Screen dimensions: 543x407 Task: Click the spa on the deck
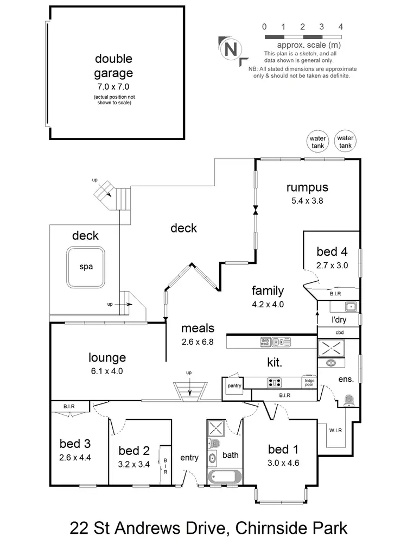86,267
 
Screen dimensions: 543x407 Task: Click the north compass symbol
230,49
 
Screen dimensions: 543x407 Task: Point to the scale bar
302,36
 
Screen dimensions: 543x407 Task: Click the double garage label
114,66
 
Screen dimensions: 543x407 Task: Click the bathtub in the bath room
224,477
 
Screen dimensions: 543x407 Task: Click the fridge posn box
309,382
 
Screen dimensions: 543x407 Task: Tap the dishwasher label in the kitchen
265,342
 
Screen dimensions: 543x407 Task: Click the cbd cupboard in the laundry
339,332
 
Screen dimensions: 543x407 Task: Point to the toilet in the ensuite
349,400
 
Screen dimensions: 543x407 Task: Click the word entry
189,458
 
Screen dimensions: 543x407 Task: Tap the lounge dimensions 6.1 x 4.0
107,371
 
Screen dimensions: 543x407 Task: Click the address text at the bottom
208,527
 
